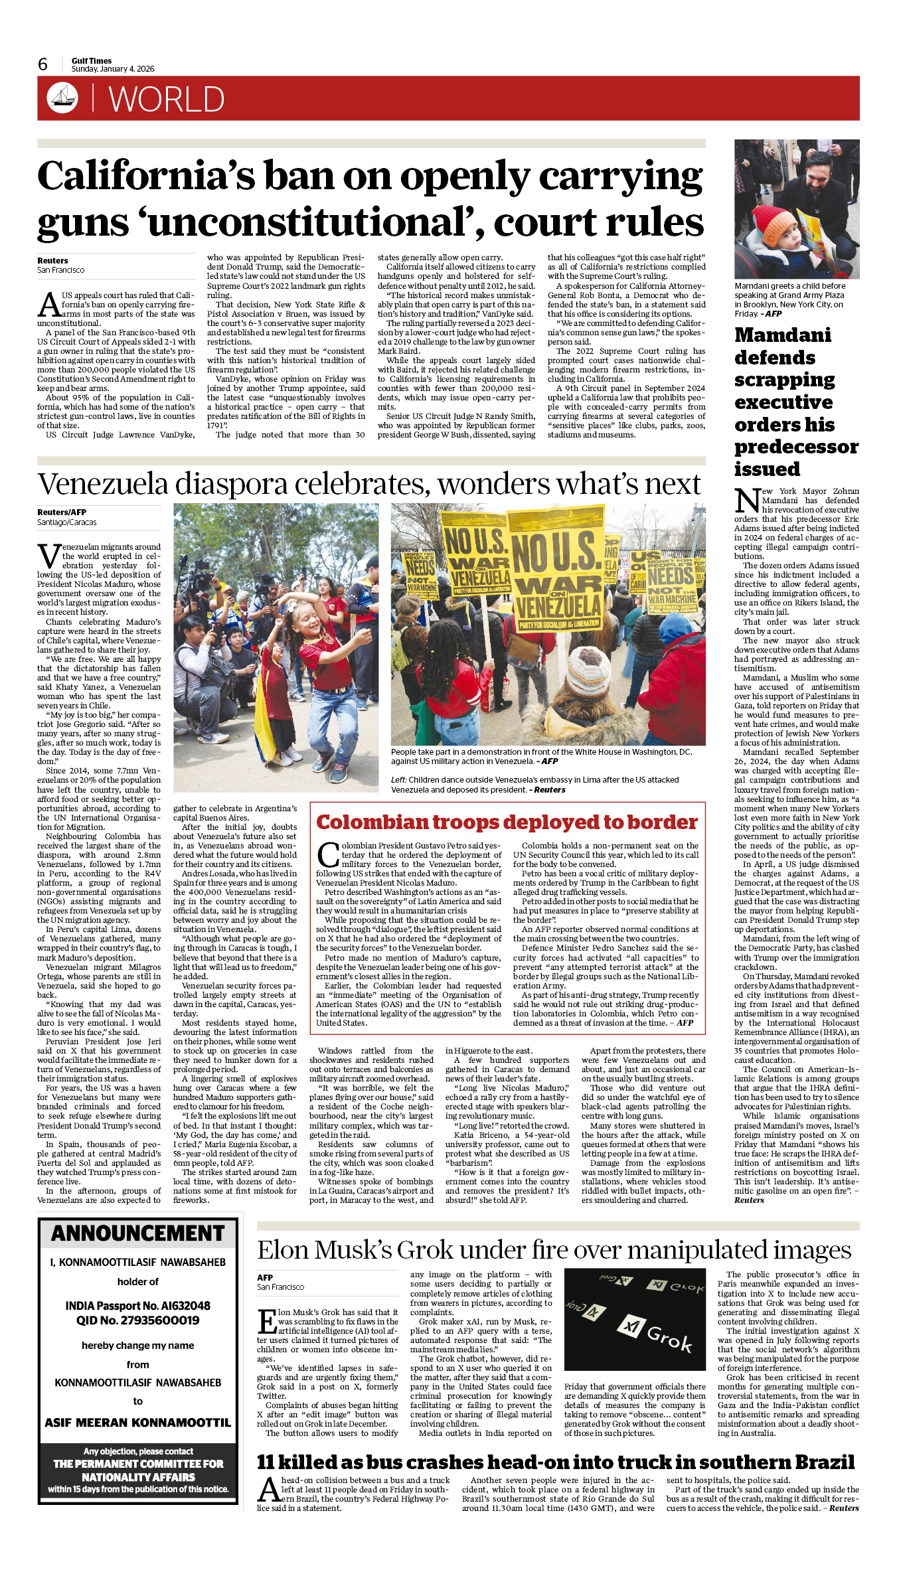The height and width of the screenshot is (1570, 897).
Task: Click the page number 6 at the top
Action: click(43, 64)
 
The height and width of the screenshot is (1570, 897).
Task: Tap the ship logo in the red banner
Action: click(62, 98)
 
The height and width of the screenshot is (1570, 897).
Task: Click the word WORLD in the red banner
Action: click(166, 100)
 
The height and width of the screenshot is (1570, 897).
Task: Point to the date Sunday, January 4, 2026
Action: click(113, 69)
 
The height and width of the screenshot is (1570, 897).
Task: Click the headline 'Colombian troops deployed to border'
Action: click(507, 822)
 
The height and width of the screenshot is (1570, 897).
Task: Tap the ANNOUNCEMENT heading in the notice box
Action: click(138, 1233)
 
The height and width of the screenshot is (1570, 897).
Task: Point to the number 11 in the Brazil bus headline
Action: click(266, 1462)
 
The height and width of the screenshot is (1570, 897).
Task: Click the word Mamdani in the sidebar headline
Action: click(783, 335)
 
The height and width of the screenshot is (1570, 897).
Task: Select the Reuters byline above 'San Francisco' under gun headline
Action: click(52, 261)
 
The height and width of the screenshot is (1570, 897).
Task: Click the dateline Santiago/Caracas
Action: click(66, 522)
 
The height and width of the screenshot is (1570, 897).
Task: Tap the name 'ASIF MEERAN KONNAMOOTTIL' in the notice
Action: click(138, 1423)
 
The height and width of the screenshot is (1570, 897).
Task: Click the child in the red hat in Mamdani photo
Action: click(768, 245)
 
